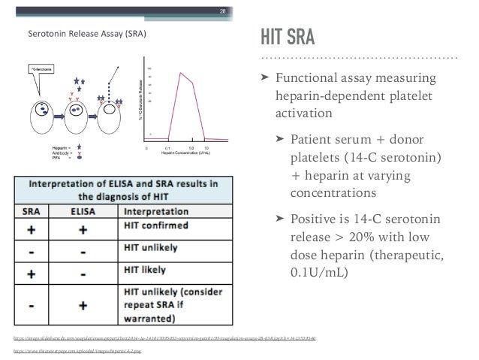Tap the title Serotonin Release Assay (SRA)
[87, 34]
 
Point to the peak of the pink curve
[180, 72]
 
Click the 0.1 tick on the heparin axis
[167, 148]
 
